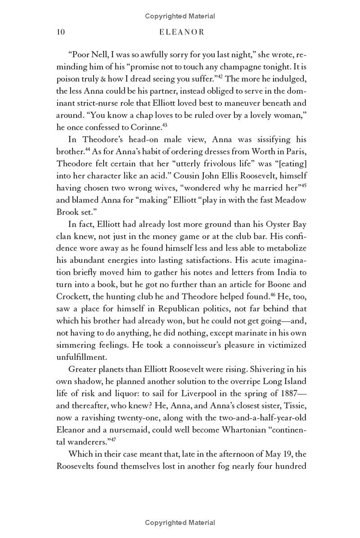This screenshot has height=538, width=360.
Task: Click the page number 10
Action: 61,32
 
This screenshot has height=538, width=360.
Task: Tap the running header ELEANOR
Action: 180,32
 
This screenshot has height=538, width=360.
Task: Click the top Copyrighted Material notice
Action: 180,16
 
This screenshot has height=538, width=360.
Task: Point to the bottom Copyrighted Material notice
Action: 180,523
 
